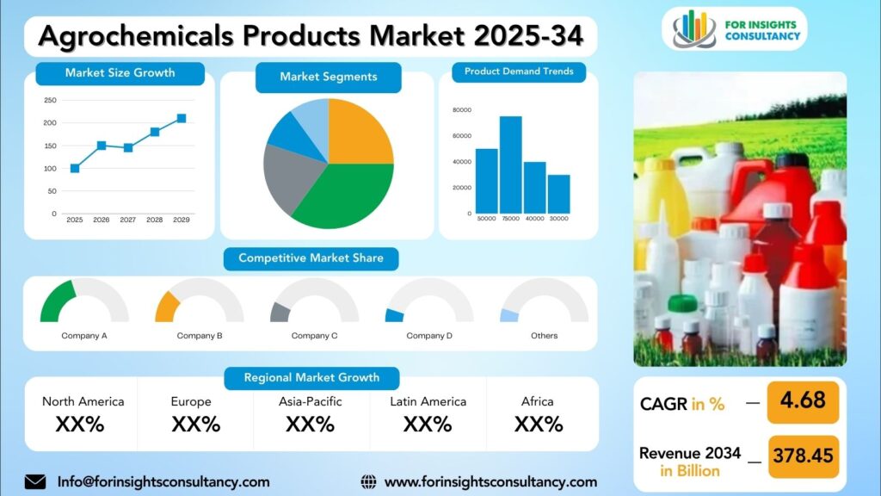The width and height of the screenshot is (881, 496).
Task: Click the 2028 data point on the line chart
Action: pos(155,132)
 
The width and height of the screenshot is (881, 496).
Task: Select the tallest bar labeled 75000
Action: pos(511,164)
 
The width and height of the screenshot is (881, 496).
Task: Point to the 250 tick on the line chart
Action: pos(50,100)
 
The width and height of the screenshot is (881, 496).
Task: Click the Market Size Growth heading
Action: pos(120,73)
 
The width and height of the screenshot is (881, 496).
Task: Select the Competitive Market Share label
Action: pos(311,258)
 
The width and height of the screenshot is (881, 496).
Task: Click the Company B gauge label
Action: pos(200,336)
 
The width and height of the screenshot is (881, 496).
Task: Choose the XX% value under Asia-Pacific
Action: pos(310,424)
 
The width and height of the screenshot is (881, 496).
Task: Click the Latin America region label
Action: pos(428,401)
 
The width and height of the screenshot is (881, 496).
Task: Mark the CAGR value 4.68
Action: pos(802,400)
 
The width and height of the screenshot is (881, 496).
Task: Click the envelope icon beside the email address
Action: pos(35,482)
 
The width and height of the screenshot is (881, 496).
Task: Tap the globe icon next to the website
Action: pos(369,482)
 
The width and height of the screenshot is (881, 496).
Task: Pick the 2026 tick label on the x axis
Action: pos(102,220)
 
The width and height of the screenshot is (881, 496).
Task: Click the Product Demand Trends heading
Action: pos(519,71)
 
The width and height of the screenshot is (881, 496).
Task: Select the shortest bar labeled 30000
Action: pos(559,194)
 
